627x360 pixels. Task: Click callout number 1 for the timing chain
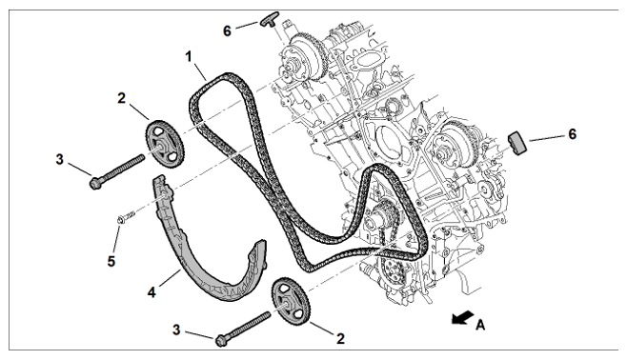click(189, 56)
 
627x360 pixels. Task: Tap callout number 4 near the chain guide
click(152, 293)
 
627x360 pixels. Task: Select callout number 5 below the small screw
click(111, 261)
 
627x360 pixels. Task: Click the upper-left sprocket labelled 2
click(164, 144)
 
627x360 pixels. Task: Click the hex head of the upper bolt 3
click(95, 183)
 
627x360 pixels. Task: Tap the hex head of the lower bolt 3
click(221, 340)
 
